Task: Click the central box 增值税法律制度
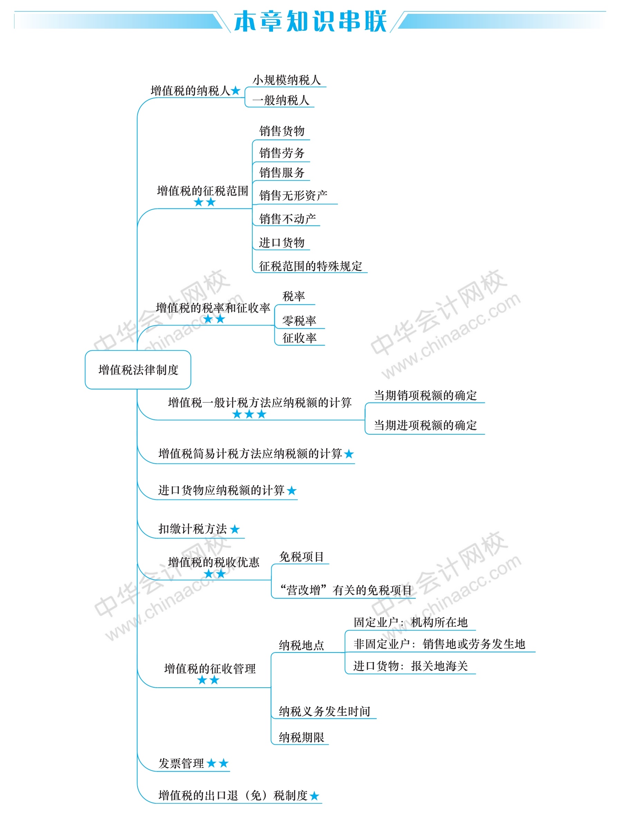[138, 370]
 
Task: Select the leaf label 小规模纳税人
[286, 80]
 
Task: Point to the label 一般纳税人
[280, 100]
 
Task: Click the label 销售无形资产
[293, 195]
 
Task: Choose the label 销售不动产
[288, 219]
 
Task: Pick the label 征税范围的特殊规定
[311, 266]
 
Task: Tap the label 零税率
[299, 321]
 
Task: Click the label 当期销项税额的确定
[425, 396]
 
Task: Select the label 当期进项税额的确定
[425, 425]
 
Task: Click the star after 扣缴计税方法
[235, 529]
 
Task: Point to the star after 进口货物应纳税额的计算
[292, 491]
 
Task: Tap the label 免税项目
[301, 557]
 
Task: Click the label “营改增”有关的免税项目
[346, 590]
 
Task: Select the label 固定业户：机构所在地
[410, 622]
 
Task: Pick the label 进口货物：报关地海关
[410, 666]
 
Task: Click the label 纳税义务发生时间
[324, 711]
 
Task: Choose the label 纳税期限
[301, 737]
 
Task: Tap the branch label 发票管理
[181, 764]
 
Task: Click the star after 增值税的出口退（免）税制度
[314, 796]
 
